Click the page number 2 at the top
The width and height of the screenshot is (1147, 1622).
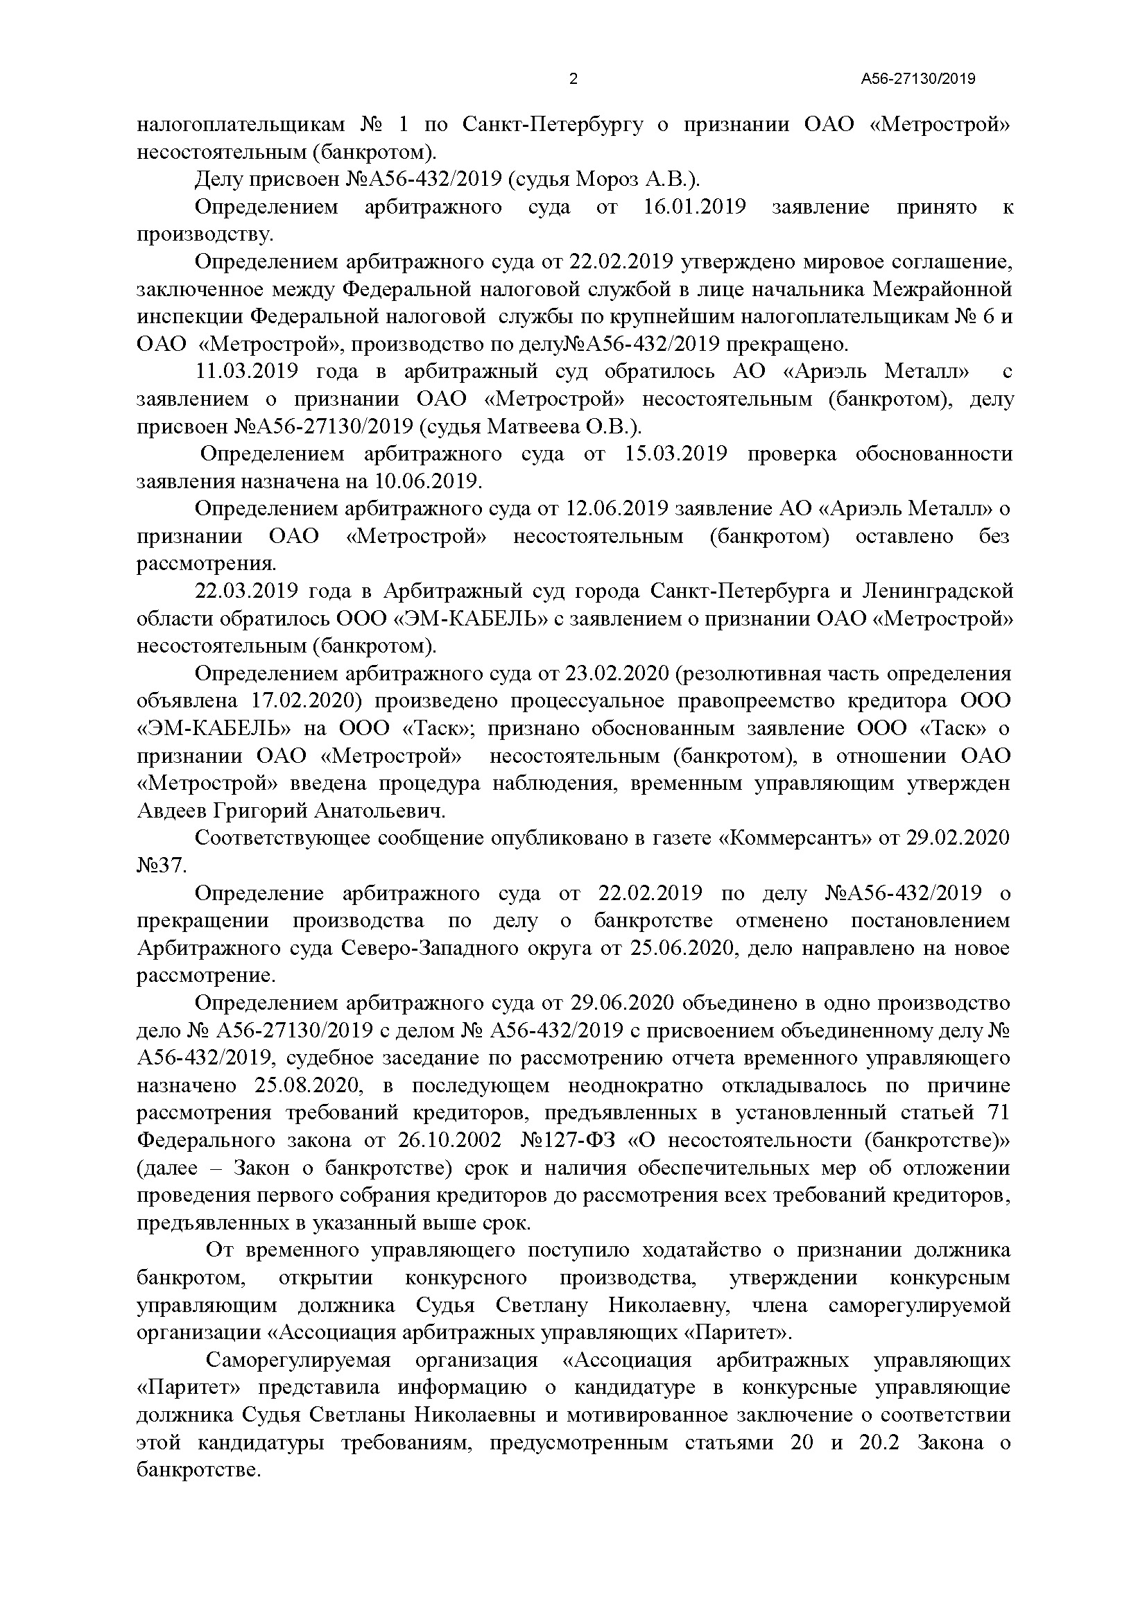point(573,79)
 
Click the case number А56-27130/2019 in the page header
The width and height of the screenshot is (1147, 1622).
point(917,79)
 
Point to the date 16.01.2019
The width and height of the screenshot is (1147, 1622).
point(695,207)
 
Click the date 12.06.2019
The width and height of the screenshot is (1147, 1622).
point(618,508)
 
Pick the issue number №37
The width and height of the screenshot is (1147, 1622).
point(162,865)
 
